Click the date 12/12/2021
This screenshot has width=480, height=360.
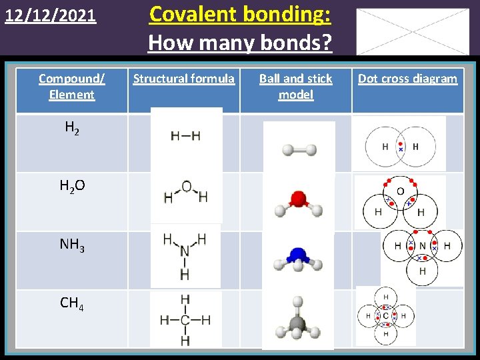pyautogui.click(x=51, y=15)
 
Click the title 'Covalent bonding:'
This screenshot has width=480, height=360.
pyautogui.click(x=240, y=14)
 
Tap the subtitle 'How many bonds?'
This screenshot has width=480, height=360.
pyautogui.click(x=240, y=43)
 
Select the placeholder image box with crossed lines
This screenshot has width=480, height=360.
pyautogui.click(x=412, y=31)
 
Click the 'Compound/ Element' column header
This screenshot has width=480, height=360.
pyautogui.click(x=71, y=87)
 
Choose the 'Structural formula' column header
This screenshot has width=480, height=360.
pyautogui.click(x=183, y=79)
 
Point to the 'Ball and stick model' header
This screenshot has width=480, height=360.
pyautogui.click(x=295, y=87)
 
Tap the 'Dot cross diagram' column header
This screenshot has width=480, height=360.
pyautogui.click(x=407, y=79)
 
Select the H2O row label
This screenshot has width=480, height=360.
pyautogui.click(x=73, y=187)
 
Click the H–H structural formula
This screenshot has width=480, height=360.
pyautogui.click(x=185, y=136)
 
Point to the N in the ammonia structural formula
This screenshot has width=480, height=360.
pyautogui.click(x=185, y=251)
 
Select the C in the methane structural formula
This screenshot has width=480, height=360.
pyautogui.click(x=185, y=320)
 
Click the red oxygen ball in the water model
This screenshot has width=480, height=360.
pyautogui.click(x=298, y=199)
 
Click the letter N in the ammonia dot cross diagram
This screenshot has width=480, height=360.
pyautogui.click(x=422, y=246)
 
